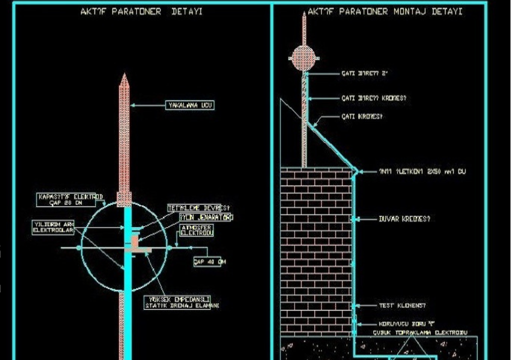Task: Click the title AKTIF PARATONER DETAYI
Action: tap(141, 11)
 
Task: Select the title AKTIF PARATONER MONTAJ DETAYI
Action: tap(385, 11)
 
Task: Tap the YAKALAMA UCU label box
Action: tap(190, 105)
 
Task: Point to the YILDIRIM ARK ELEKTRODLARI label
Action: tap(53, 227)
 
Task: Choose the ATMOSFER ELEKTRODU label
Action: tap(196, 230)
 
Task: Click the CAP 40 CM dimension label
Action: tap(207, 261)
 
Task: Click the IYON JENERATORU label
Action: tap(206, 217)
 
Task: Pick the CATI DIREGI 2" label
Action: tap(364, 73)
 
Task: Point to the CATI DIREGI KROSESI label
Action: tap(373, 98)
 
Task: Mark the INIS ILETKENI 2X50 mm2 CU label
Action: tap(422, 171)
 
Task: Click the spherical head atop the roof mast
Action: tap(303, 58)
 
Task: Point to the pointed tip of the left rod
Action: tap(124, 76)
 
